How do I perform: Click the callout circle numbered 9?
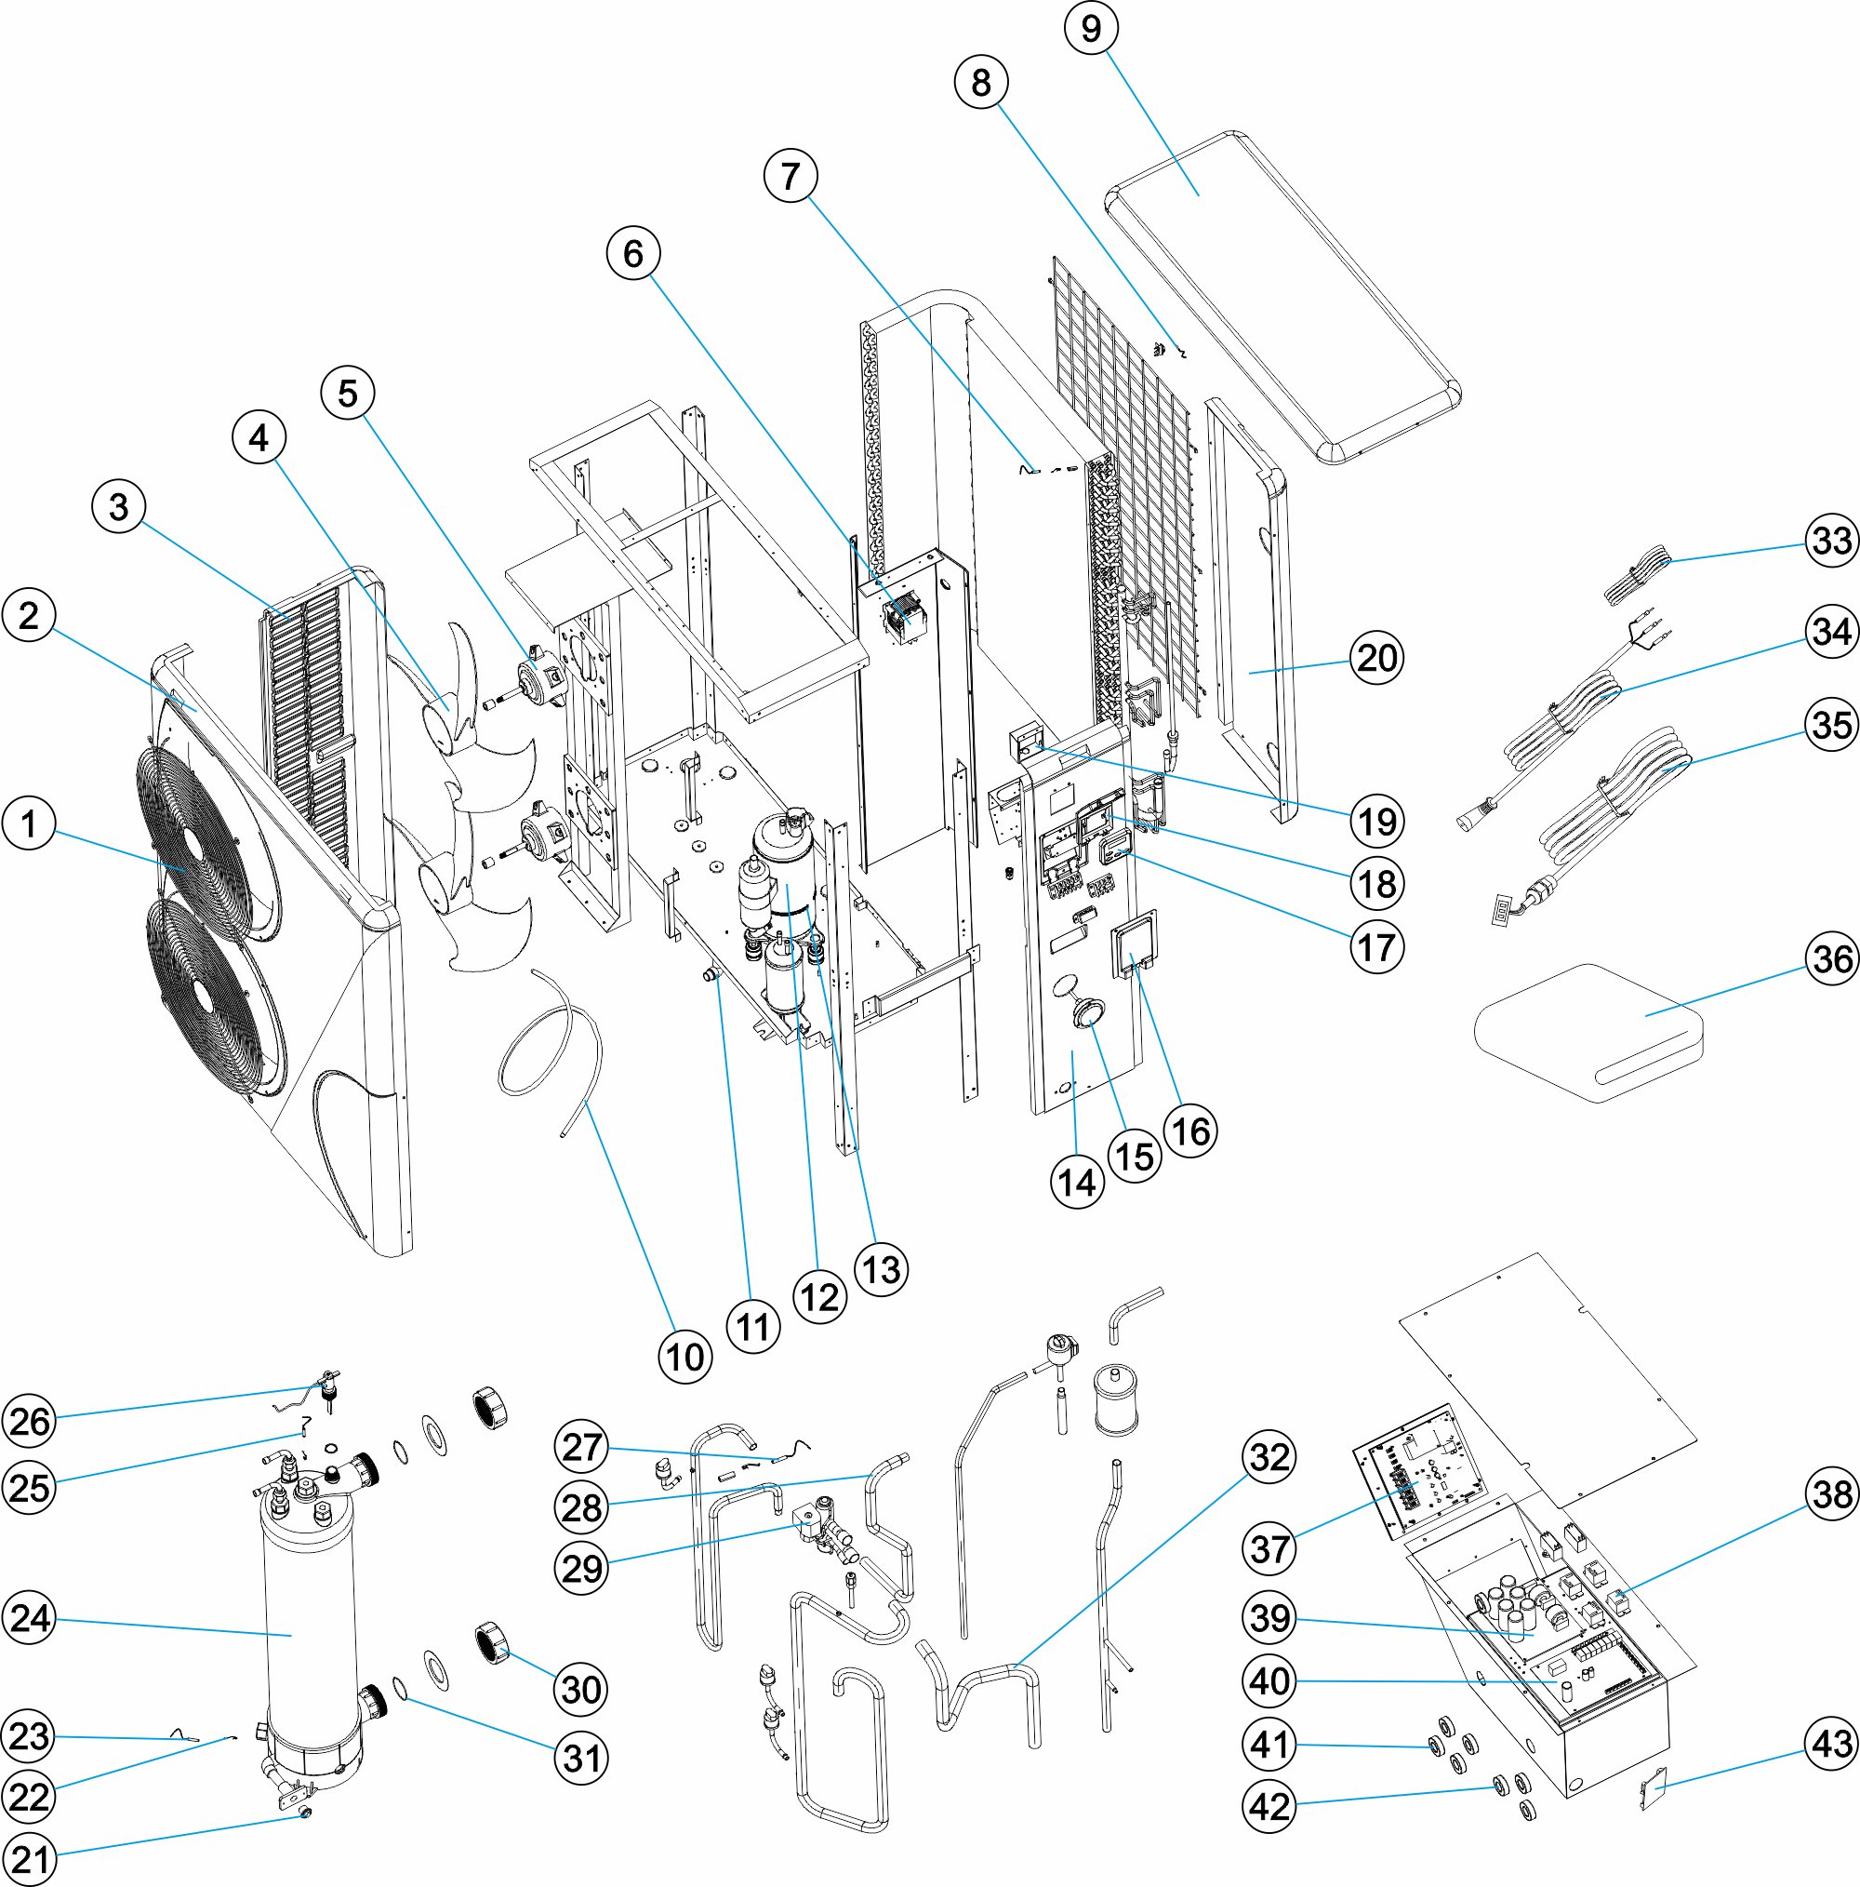1091,28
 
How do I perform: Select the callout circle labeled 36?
1832,958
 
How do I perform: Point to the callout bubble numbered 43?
1832,1744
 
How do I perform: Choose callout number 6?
632,254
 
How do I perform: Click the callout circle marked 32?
1269,1457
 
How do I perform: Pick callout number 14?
1077,1183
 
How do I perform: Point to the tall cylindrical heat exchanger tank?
308,1631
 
